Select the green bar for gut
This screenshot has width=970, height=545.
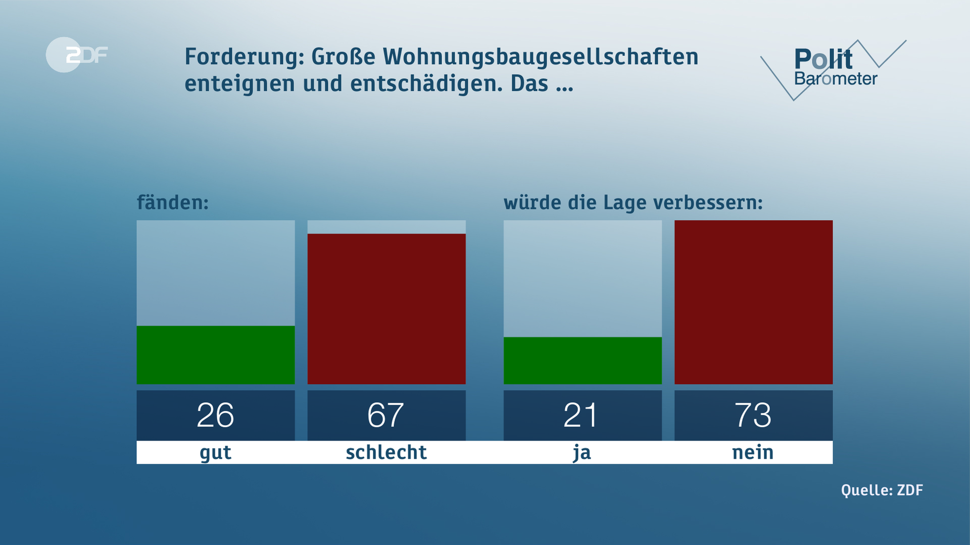click(216, 355)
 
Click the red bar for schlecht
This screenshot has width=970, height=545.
click(386, 309)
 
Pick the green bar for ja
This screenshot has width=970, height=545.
click(583, 360)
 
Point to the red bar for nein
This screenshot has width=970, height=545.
click(753, 302)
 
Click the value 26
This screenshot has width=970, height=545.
click(216, 415)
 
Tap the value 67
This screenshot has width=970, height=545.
click(386, 415)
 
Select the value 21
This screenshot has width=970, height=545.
click(581, 415)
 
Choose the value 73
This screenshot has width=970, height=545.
click(753, 415)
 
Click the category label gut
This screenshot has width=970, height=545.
click(216, 453)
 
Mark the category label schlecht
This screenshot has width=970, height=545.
click(386, 452)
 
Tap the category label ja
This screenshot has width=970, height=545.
click(582, 453)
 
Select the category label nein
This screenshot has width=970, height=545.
click(753, 452)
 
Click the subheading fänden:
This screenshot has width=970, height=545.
click(173, 202)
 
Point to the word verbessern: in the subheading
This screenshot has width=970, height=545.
click(708, 202)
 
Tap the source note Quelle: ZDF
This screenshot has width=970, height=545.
click(882, 490)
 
